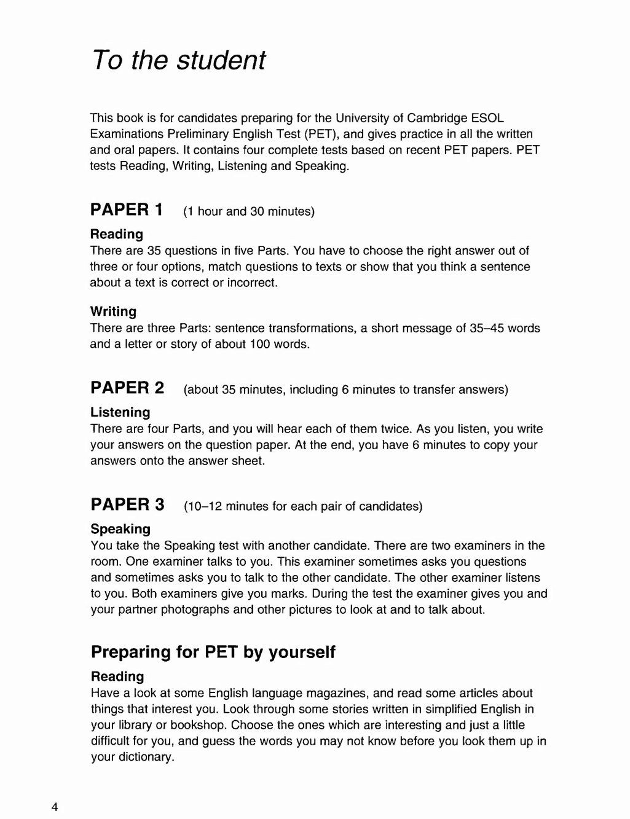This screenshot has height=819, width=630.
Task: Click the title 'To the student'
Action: click(x=178, y=60)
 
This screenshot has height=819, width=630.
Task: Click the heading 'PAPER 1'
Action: click(x=127, y=210)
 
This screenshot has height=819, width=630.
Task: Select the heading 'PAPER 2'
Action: click(x=127, y=388)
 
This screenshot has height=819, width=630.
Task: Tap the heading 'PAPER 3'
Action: click(x=127, y=504)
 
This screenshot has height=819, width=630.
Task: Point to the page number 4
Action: click(x=55, y=807)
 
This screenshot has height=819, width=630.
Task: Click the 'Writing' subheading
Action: click(x=113, y=312)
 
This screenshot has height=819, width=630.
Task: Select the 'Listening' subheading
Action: click(x=120, y=412)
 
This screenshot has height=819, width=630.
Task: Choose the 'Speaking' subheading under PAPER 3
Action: click(x=120, y=529)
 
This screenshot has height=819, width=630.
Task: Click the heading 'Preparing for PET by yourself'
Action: click(x=213, y=652)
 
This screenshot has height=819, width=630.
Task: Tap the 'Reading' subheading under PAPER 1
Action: click(x=116, y=234)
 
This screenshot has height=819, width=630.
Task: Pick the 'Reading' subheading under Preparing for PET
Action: click(x=117, y=676)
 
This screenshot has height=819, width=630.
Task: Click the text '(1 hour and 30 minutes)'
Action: click(x=249, y=211)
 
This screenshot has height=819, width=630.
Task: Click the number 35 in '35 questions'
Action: click(x=154, y=251)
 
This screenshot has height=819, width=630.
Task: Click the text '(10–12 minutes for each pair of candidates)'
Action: click(x=303, y=506)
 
